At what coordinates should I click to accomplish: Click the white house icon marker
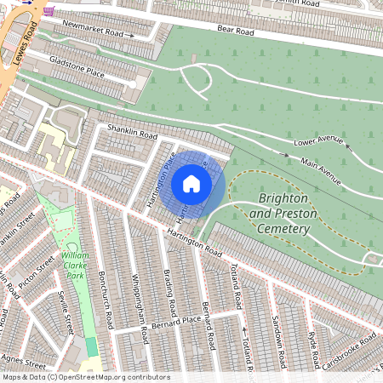tap(191, 184)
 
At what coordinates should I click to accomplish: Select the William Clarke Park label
tap(75, 265)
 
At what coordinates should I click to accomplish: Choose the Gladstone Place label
tap(77, 68)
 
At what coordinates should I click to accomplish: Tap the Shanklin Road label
tap(132, 130)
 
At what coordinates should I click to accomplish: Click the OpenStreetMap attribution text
tap(85, 376)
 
